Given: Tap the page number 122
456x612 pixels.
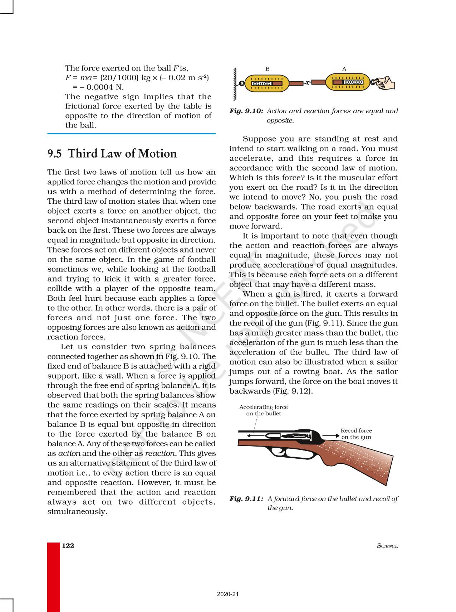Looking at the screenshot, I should click(68, 545).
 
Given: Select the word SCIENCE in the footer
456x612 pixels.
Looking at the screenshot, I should click(387, 546).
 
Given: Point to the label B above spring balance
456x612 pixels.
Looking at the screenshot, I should click(268, 69).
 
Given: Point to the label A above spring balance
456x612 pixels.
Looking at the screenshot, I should click(344, 69).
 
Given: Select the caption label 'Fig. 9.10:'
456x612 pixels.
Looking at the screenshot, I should click(246, 111).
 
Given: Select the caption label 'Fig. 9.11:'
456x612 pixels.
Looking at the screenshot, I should click(246, 498).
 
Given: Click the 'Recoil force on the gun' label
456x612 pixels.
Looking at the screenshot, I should click(356, 434).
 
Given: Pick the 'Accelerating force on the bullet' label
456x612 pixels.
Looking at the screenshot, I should click(264, 410).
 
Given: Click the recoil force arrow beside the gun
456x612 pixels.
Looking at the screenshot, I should click(332, 435).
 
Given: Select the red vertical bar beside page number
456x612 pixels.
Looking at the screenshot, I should click(54, 577).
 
